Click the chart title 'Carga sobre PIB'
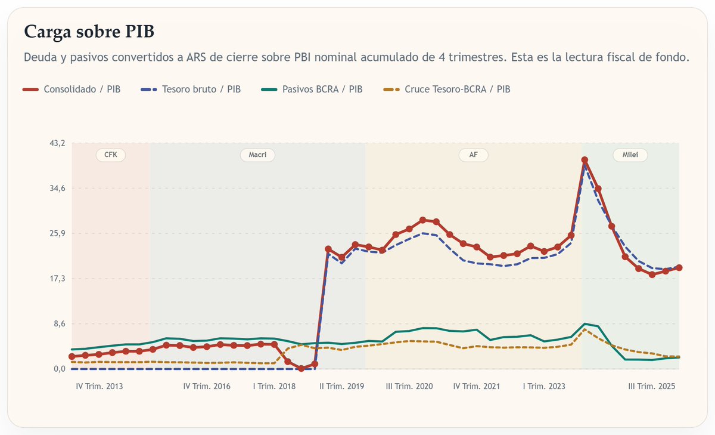click(93, 32)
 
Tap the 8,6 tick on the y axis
click(59, 324)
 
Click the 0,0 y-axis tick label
click(59, 369)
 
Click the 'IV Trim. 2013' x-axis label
click(100, 387)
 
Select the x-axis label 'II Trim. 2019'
click(341, 387)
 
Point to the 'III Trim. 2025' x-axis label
click(652, 387)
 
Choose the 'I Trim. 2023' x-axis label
click(544, 387)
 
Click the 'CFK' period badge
click(111, 155)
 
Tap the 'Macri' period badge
click(257, 155)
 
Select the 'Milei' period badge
click(630, 155)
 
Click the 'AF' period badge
click(473, 155)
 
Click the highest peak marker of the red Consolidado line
click(585, 160)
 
